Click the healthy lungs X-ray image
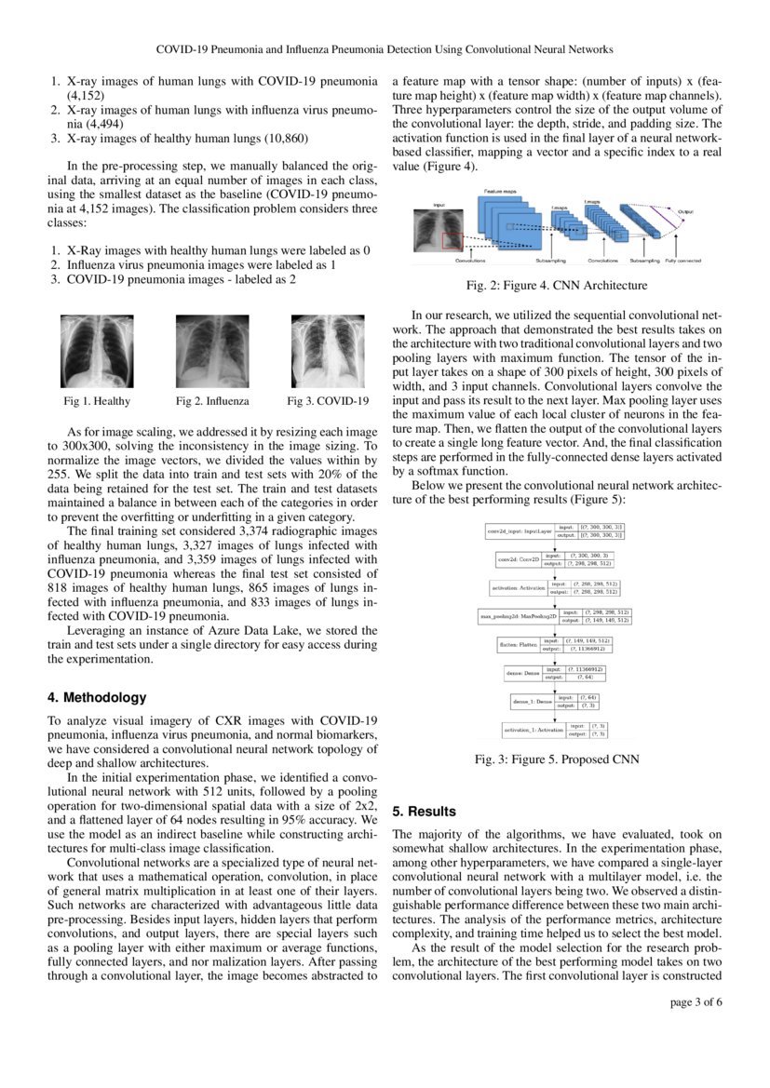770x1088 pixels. [97, 351]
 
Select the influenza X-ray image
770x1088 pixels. [212, 351]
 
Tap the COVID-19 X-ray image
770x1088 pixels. [328, 351]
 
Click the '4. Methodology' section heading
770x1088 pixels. [97, 697]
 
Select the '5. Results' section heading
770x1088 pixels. [426, 812]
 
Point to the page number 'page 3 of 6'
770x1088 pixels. [696, 1002]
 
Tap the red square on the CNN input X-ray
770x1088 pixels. [452, 241]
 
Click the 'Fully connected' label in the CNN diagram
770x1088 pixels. [682, 261]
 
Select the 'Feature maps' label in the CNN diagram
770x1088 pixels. [500, 191]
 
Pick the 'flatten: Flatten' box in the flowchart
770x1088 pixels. [517, 644]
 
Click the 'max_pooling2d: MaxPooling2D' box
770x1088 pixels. [518, 616]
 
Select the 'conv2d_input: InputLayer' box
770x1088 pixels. [520, 531]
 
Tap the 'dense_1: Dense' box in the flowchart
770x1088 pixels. [532, 701]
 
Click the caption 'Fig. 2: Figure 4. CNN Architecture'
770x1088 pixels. [557, 286]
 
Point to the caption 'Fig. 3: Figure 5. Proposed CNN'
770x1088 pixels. [557, 759]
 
